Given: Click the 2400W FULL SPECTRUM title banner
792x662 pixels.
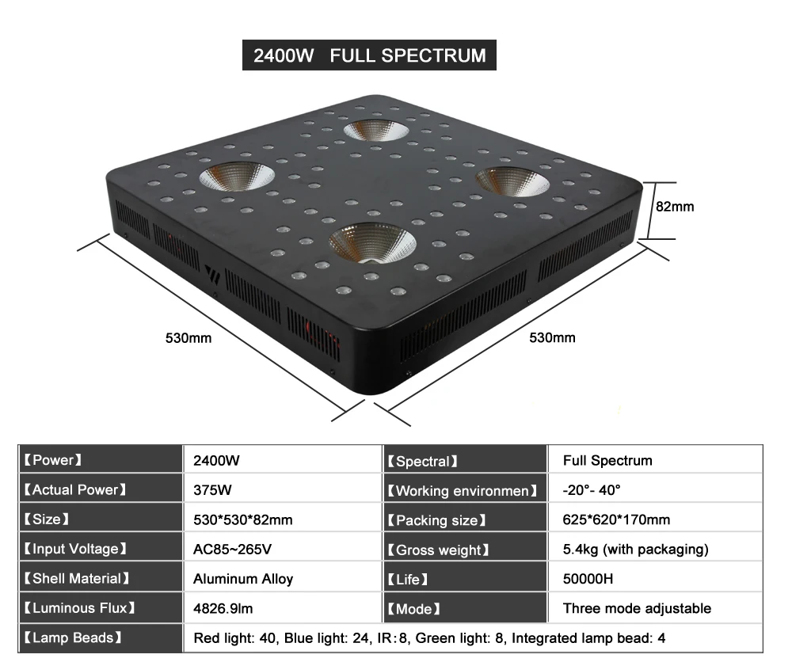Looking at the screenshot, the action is pos(369,55).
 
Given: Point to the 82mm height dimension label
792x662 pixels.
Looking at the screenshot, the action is pos(675,207).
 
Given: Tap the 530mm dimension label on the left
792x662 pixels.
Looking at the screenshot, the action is pos(188,338).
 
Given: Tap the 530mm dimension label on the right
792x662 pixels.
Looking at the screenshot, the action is pos(552,337).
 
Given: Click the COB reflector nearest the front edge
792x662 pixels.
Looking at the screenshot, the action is pos(373,244).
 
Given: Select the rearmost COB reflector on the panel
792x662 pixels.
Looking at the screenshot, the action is pos(376,131).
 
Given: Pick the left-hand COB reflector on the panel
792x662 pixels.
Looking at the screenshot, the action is pos(237,177).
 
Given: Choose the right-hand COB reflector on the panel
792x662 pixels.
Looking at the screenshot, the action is pos(512,181).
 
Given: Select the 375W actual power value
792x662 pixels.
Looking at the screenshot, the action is pos(212,490).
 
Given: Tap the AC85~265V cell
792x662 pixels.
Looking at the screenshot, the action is pos(232,549).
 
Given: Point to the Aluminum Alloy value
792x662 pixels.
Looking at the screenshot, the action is pos(243,579).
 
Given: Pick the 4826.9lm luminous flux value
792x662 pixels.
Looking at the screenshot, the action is pos(223,608).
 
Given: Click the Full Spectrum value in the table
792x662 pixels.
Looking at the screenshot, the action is pos(607,461).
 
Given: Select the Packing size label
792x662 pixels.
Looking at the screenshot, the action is pos(437,520).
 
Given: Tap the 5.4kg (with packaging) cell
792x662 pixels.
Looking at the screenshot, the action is pos(635,550).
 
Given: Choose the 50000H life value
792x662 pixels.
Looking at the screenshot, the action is pos(588,579).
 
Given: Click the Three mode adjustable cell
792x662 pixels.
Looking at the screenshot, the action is pos(637,608).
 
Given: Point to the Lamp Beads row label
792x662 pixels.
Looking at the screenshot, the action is pos(73,637).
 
